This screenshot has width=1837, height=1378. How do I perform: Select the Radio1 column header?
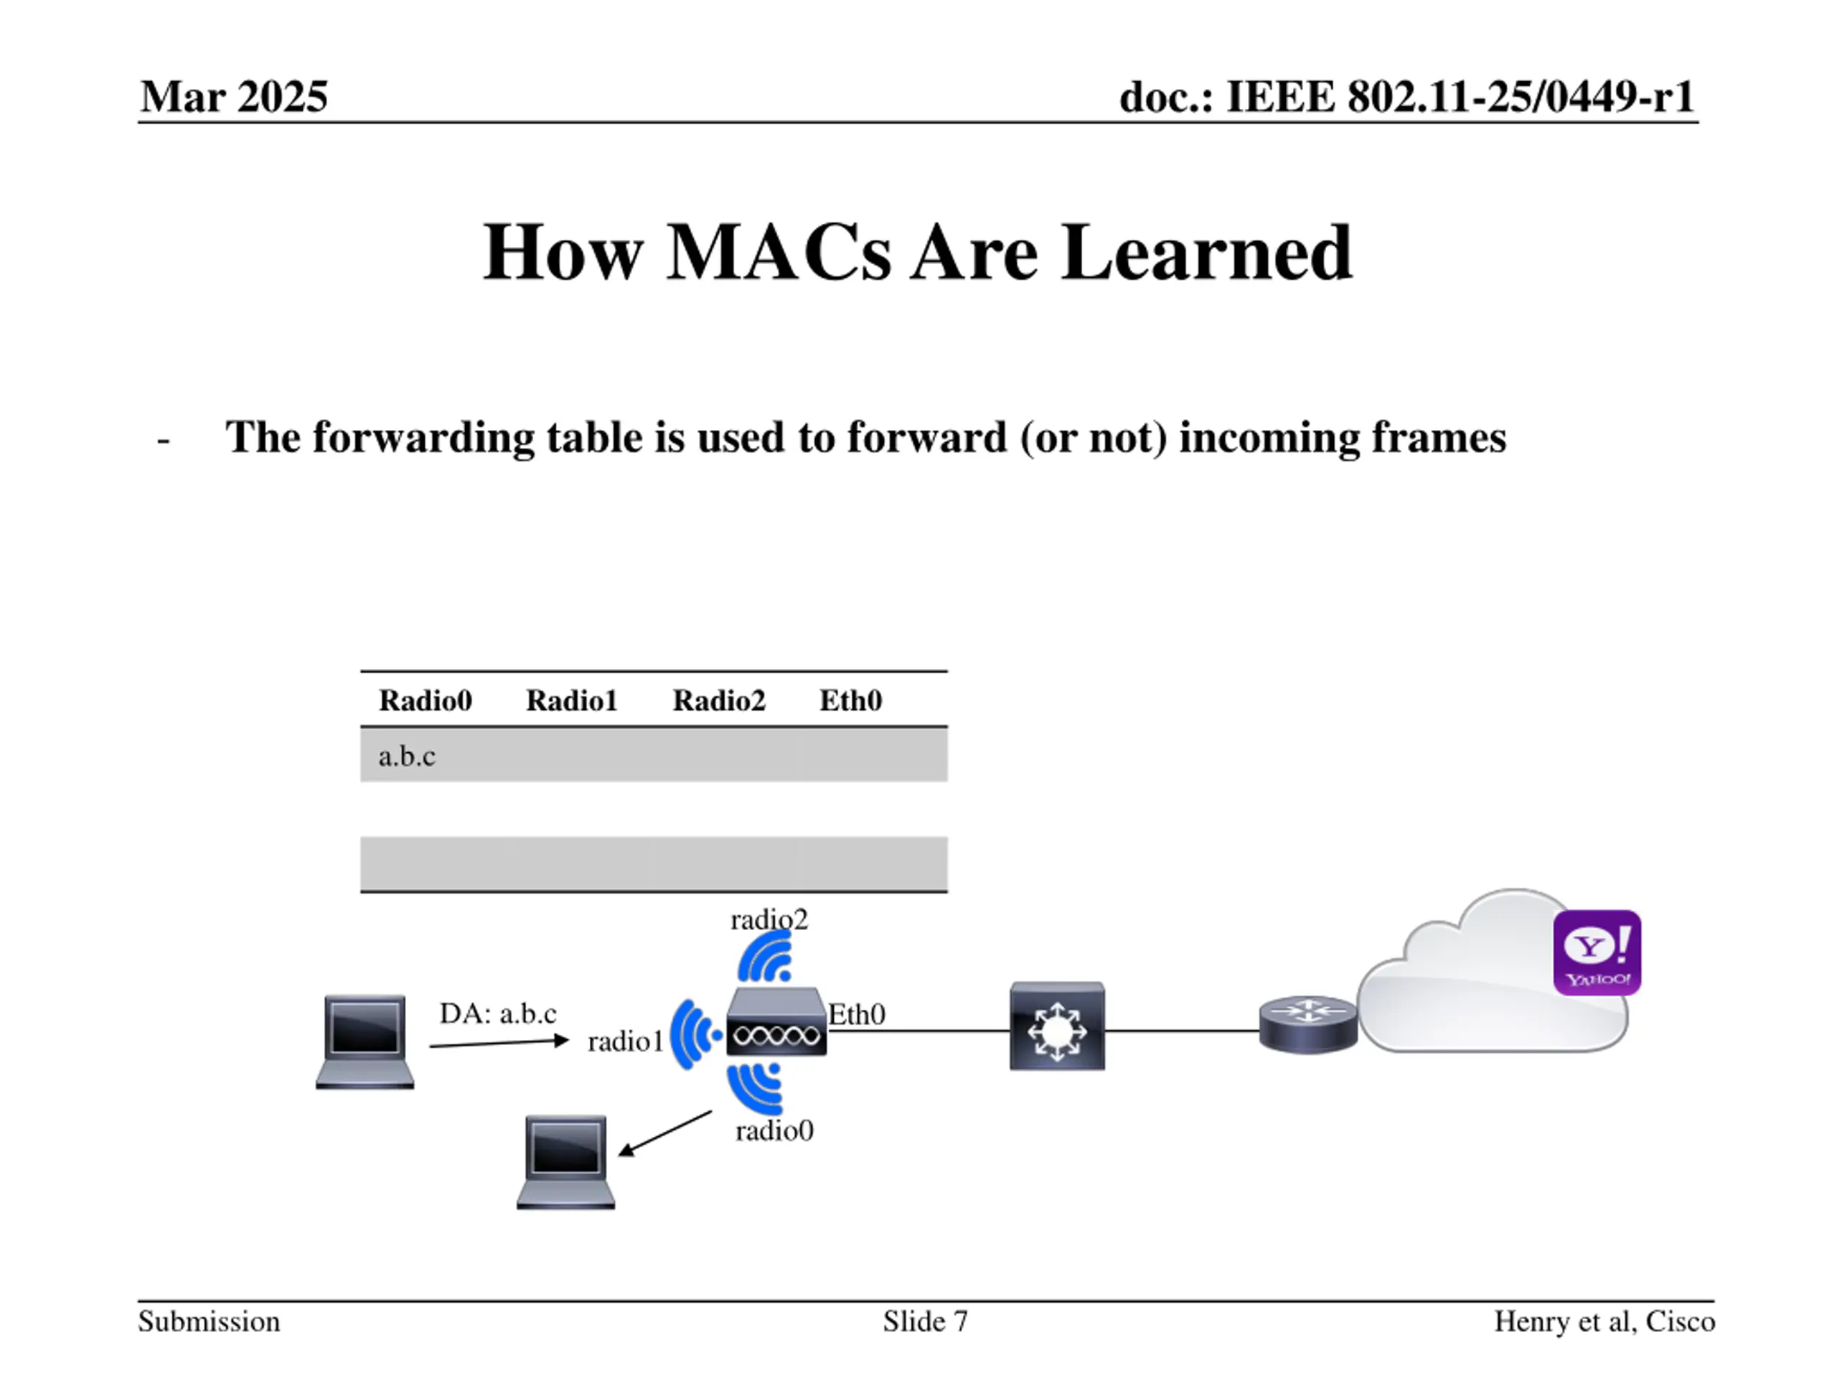(571, 700)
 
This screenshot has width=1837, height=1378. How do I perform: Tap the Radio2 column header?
(718, 700)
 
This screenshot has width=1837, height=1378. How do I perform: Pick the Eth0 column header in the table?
(850, 700)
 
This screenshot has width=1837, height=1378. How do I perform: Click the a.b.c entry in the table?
(406, 756)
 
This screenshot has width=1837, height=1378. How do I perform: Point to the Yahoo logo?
(1596, 952)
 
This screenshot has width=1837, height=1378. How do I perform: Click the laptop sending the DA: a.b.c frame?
(365, 1041)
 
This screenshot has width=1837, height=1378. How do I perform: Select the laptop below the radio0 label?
(565, 1161)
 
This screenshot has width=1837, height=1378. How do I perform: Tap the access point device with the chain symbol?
(776, 1023)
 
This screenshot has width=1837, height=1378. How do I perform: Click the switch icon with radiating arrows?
(1056, 1026)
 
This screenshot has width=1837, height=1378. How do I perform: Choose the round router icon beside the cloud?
(1307, 1023)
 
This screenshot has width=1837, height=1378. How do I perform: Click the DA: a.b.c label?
(497, 1013)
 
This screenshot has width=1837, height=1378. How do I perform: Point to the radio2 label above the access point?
(769, 919)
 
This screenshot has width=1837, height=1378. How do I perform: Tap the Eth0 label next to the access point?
(857, 1014)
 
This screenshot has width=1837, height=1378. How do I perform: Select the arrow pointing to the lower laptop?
(665, 1133)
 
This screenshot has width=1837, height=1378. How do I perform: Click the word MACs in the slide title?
(778, 253)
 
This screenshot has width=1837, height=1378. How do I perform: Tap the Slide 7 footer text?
(925, 1321)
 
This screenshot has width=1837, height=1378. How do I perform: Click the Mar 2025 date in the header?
(234, 96)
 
